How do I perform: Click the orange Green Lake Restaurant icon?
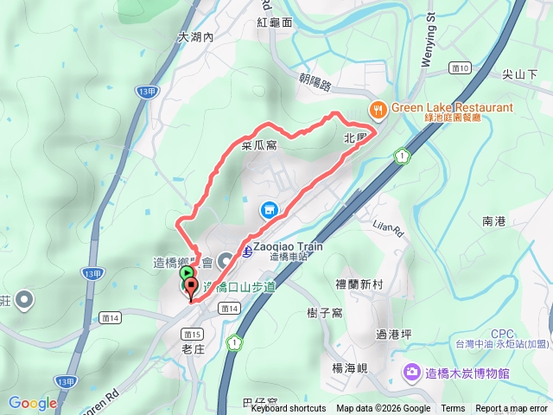click(378, 110)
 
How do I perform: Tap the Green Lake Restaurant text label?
click(451, 108)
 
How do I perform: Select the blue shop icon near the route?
click(269, 210)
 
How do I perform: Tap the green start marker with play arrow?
click(188, 271)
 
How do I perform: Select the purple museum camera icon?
click(412, 373)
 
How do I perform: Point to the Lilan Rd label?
click(389, 228)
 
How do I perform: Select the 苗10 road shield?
click(460, 67)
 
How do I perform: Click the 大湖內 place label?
click(194, 38)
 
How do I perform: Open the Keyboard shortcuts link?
click(289, 409)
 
